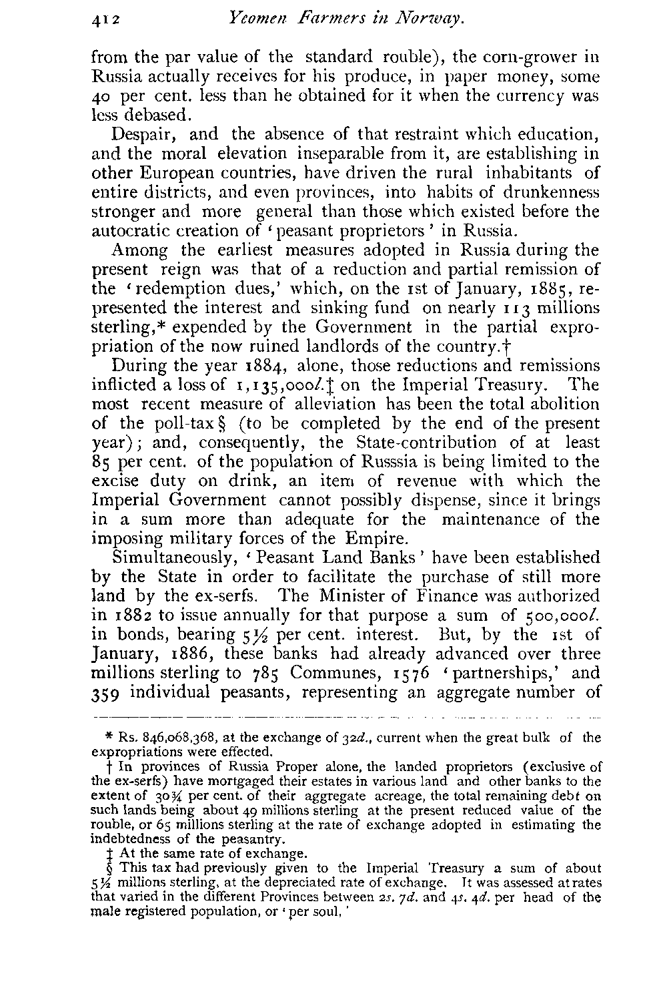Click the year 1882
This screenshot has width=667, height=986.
click(134, 615)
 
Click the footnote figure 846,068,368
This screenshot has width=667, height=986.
click(163, 739)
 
